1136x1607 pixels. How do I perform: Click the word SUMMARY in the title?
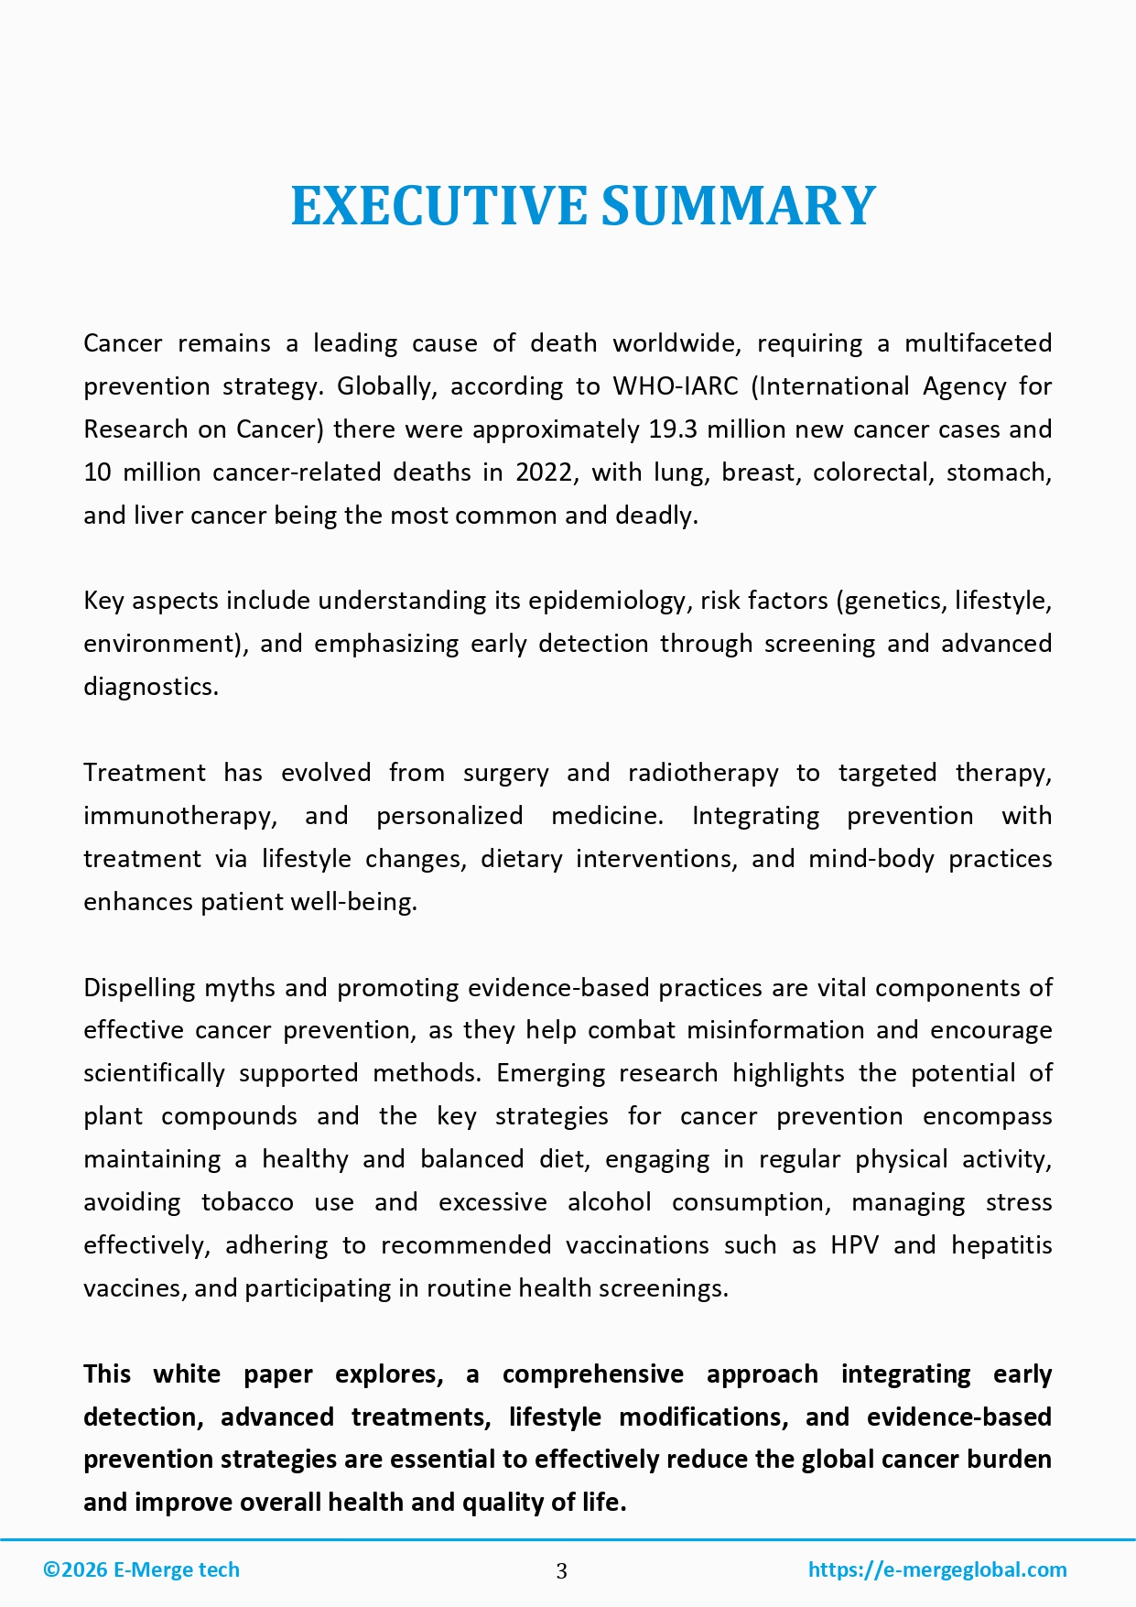tap(739, 205)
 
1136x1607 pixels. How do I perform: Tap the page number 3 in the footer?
tap(561, 1571)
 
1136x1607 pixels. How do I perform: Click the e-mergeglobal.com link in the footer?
tap(937, 1569)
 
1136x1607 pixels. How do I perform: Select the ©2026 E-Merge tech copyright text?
tap(142, 1569)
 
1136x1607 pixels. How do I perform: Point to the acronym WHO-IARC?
tap(675, 386)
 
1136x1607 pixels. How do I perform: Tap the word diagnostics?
tap(150, 687)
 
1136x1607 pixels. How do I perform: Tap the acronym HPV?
tap(854, 1245)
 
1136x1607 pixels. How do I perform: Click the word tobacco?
tap(247, 1202)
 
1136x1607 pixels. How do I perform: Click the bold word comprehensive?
tap(592, 1374)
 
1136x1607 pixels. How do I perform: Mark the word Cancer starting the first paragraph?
tap(123, 343)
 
